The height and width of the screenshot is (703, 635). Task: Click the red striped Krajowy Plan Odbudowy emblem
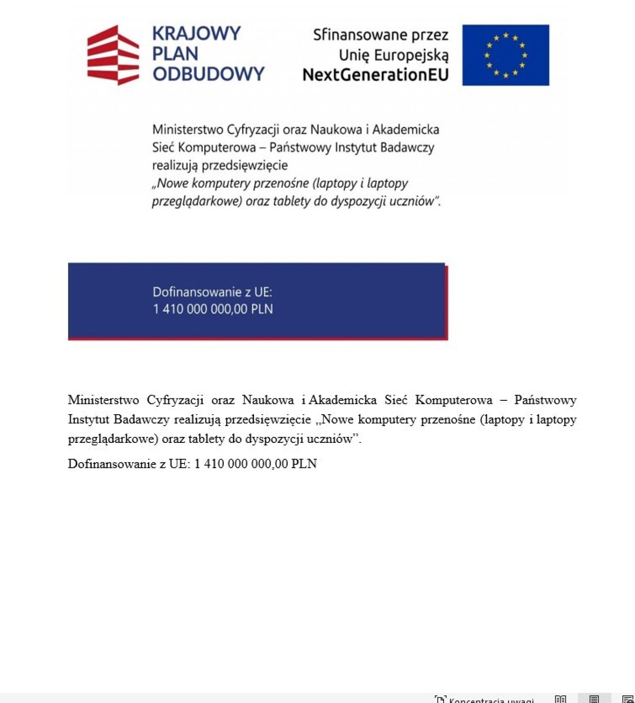tap(113, 55)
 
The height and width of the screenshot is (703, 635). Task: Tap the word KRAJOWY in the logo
tap(196, 34)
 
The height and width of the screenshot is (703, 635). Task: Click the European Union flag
tap(506, 55)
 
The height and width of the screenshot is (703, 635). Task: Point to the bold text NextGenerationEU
tap(375, 75)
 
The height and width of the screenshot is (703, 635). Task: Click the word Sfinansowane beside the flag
tap(358, 35)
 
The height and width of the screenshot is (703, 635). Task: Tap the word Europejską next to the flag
tap(411, 55)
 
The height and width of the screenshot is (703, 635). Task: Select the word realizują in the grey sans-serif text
tap(175, 165)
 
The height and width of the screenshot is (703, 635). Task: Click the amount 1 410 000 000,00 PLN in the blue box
tap(213, 309)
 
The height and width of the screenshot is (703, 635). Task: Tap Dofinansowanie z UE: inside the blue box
tap(212, 292)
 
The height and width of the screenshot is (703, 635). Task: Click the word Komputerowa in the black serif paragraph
tap(454, 400)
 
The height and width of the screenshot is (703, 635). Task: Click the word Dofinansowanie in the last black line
tap(112, 464)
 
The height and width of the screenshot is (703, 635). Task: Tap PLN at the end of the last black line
tap(304, 464)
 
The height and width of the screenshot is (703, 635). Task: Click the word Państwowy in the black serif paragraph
tap(545, 400)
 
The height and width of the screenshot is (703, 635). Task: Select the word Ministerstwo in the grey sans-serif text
tap(188, 129)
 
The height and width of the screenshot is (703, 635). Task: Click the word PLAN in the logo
tap(175, 54)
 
